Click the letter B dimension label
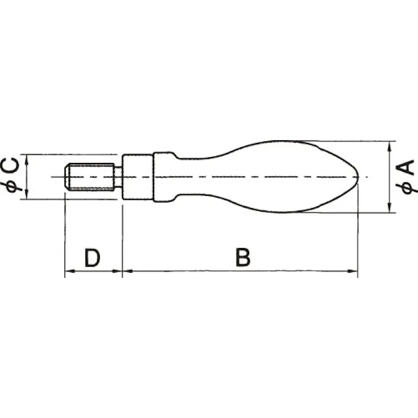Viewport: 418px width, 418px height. pyautogui.click(x=243, y=257)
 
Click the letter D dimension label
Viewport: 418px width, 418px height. pyautogui.click(x=92, y=257)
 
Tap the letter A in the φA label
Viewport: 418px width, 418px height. pyautogui.click(x=406, y=168)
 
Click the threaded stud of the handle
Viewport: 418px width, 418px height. pyautogui.click(x=90, y=176)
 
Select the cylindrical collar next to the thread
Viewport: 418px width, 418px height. pyautogui.click(x=138, y=176)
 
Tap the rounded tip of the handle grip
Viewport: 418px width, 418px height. pyautogui.click(x=355, y=176)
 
